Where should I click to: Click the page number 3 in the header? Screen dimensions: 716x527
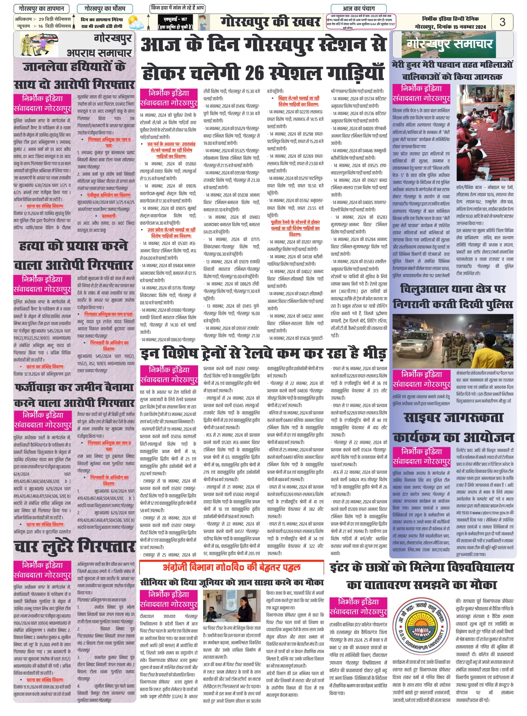click(x=502, y=22)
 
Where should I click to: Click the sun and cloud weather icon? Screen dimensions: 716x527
click(x=136, y=23)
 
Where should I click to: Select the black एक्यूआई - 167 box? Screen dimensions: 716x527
click(x=175, y=23)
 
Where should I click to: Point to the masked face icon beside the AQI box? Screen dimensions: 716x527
click(x=203, y=22)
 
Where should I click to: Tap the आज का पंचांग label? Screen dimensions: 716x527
click(x=359, y=9)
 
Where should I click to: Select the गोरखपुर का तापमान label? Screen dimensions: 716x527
click(x=41, y=9)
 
